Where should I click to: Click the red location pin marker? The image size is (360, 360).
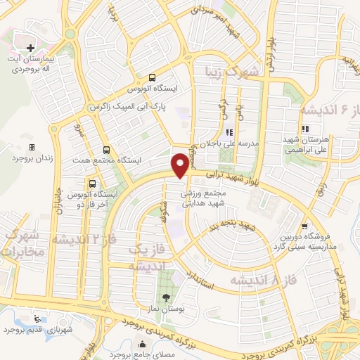point(180,165)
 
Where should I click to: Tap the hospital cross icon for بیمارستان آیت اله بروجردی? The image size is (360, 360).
point(30,47)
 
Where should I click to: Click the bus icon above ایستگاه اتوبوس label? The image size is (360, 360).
point(153,78)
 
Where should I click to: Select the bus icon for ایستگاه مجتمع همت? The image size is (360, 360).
point(106,150)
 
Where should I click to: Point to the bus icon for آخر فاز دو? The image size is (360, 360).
point(75,181)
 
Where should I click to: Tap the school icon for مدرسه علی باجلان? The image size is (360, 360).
point(228,132)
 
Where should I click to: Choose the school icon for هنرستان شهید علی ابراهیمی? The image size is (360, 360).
point(304,129)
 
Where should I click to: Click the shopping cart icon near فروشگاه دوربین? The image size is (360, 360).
point(303,226)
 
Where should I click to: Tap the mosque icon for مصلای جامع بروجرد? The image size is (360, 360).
point(143,345)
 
